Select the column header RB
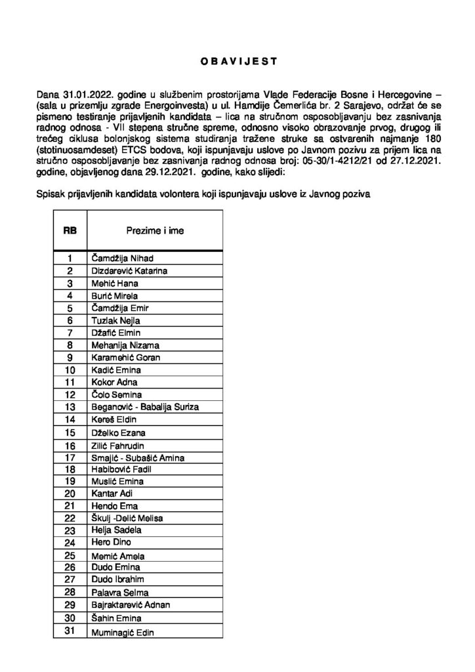point(70,230)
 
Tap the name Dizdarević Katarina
point(128,270)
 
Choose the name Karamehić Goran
point(124,358)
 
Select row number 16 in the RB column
point(69,445)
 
